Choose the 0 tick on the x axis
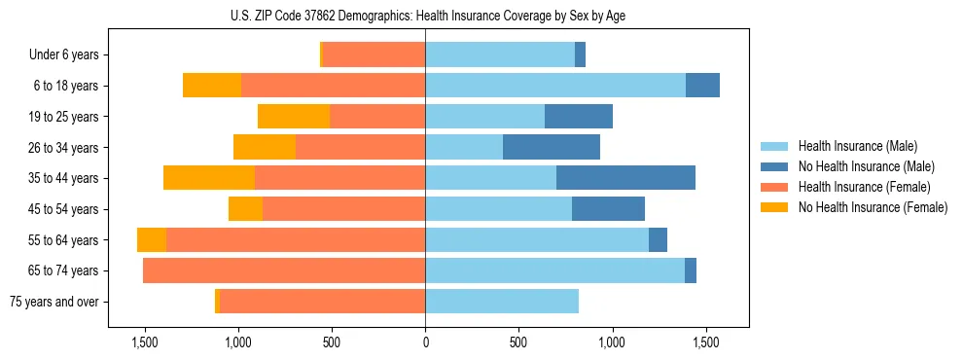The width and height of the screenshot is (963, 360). click(425, 342)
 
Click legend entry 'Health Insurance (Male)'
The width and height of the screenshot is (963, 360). click(857, 146)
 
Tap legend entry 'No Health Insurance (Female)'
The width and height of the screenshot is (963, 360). click(873, 207)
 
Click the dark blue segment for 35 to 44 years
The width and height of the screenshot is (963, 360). click(625, 178)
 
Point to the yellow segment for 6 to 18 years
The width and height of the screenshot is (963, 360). click(212, 86)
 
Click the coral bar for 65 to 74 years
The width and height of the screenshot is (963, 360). click(284, 270)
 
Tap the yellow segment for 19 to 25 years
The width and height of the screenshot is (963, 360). click(294, 117)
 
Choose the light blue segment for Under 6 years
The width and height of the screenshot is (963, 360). click(500, 55)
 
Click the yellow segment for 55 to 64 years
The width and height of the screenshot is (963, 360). click(152, 240)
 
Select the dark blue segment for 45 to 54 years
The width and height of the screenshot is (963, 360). click(608, 209)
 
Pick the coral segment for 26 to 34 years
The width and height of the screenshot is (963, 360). click(360, 147)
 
